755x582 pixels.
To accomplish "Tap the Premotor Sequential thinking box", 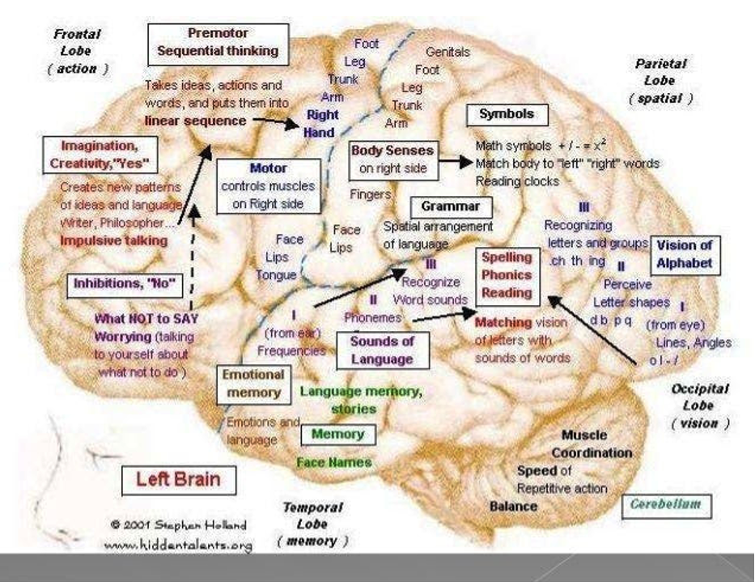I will (218, 42).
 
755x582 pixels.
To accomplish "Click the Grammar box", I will (445, 206).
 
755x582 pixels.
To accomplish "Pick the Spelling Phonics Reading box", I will (507, 274).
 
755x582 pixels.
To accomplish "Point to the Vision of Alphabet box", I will (685, 253).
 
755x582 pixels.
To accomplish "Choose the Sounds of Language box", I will (382, 350).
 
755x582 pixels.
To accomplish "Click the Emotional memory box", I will (253, 384).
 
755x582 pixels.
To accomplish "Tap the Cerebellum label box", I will (666, 505).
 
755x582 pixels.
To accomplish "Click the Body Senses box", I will (392, 159).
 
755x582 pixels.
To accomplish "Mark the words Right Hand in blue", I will (321, 123).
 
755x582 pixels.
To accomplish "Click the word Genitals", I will (447, 52).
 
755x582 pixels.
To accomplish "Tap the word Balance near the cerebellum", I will (513, 506).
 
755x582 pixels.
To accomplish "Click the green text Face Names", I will (333, 462).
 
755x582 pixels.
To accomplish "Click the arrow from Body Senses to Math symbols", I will (456, 161).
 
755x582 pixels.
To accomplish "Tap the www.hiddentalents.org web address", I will (178, 545).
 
